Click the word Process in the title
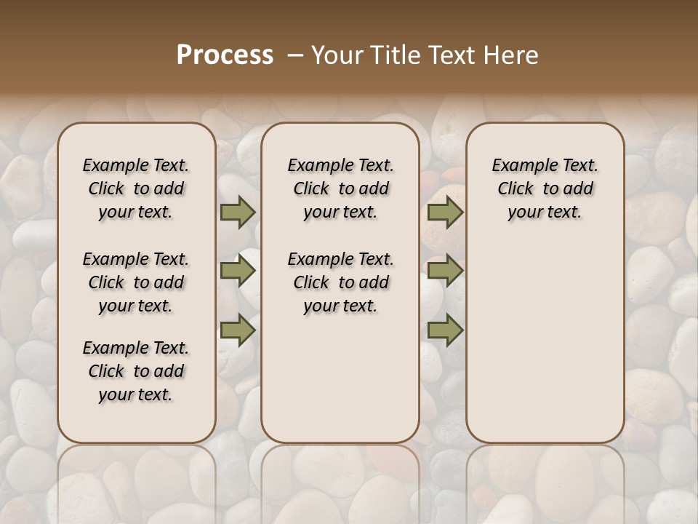pyautogui.click(x=225, y=55)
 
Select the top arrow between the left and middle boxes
pyautogui.click(x=238, y=213)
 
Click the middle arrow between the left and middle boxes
pyautogui.click(x=238, y=271)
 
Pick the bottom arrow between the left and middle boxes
pyautogui.click(x=238, y=330)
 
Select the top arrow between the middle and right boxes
pyautogui.click(x=445, y=213)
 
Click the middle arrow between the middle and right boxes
pyautogui.click(x=445, y=271)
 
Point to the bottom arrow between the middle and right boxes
pyautogui.click(x=445, y=330)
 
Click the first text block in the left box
pyautogui.click(x=136, y=188)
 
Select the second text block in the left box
pyautogui.click(x=136, y=282)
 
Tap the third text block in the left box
pyautogui.click(x=136, y=371)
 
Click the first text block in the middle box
pyautogui.click(x=340, y=188)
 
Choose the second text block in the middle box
pyautogui.click(x=340, y=282)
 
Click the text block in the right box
pyautogui.click(x=545, y=188)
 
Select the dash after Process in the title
pyautogui.click(x=295, y=55)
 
